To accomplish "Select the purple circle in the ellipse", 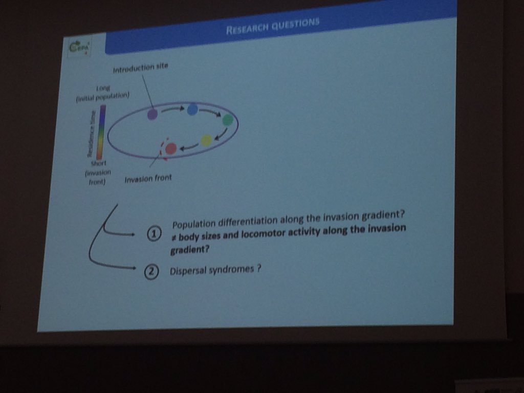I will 152,115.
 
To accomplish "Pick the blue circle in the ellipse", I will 192,109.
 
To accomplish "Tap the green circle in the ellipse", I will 228,120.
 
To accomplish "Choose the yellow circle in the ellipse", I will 206,140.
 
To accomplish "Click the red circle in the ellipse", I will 171,148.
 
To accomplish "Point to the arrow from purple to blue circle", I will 172,110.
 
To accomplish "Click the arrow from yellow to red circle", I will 188,146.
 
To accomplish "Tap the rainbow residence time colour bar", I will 102,132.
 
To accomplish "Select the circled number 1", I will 154,234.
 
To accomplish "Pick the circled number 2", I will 151,272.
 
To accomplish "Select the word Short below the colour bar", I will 98,163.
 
